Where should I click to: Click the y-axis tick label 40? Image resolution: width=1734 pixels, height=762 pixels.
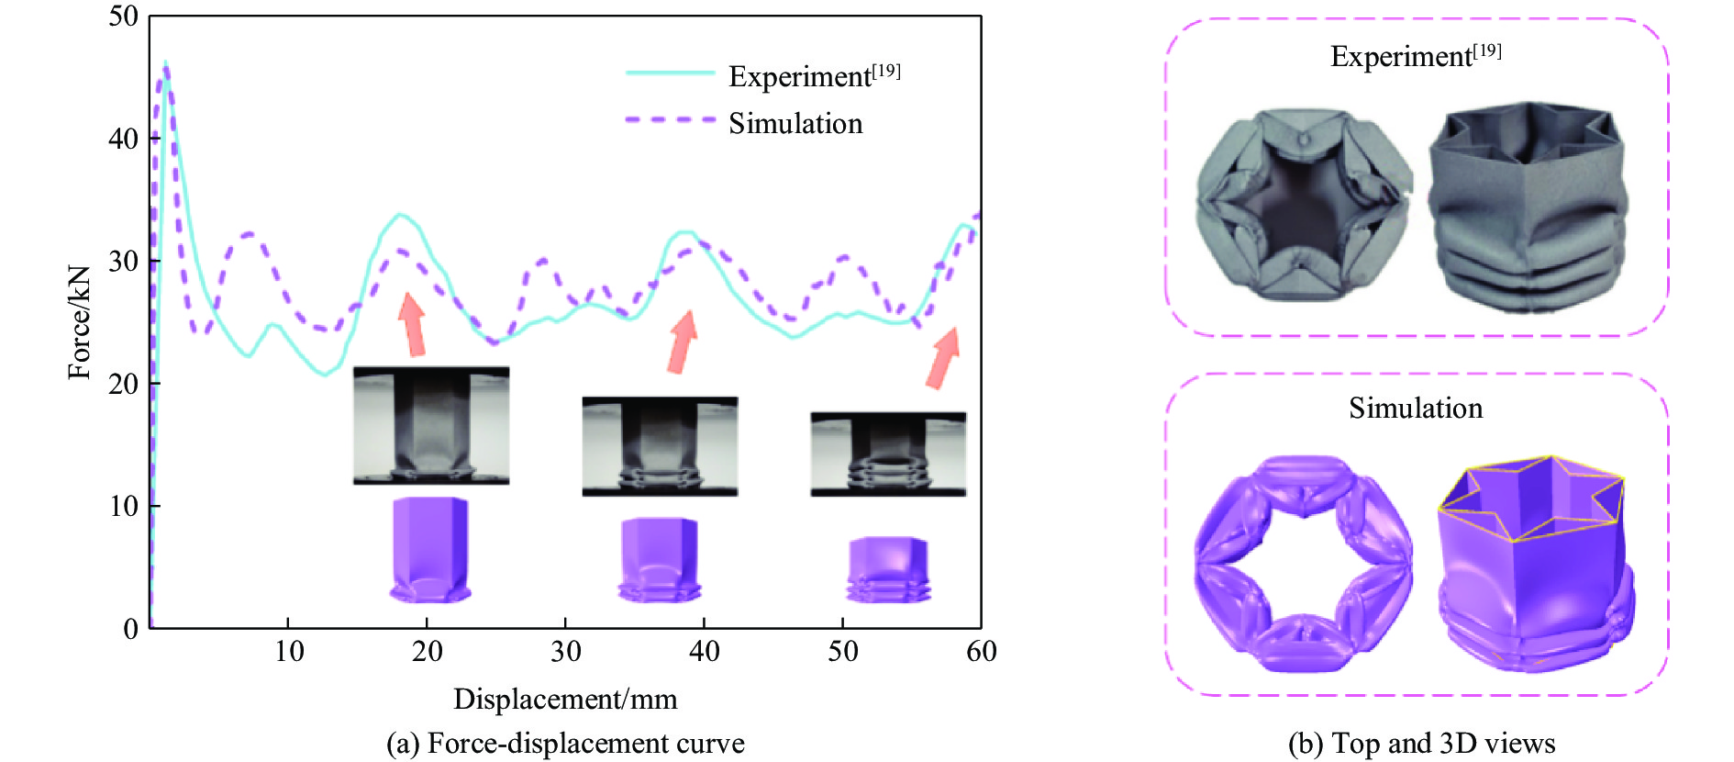tap(123, 140)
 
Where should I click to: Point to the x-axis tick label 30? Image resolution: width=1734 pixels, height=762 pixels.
tap(565, 652)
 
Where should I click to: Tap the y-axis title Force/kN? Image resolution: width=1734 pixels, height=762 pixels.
tap(80, 322)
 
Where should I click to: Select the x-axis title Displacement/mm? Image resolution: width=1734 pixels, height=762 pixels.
tap(565, 700)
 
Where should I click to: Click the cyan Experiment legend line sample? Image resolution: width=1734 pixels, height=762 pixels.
tap(670, 73)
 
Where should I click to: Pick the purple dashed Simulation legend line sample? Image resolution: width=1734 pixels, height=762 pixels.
tap(670, 120)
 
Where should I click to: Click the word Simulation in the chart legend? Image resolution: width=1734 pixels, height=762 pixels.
tap(795, 124)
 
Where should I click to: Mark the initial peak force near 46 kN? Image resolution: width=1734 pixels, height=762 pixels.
tap(165, 64)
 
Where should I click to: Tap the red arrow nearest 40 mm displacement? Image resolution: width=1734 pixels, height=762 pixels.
tap(682, 341)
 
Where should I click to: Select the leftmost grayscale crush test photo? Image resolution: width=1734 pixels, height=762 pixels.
tap(431, 425)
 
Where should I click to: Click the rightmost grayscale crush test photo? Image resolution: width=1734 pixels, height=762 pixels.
tap(888, 454)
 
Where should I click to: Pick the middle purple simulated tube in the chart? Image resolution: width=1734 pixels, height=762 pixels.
tap(659, 559)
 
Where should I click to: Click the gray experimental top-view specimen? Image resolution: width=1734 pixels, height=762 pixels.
tap(1303, 204)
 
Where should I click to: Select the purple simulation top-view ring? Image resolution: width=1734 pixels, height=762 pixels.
tap(1303, 563)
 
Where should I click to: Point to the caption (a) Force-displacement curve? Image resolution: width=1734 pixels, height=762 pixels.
tap(565, 744)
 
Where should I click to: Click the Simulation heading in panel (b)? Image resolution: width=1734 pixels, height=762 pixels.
tap(1416, 409)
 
